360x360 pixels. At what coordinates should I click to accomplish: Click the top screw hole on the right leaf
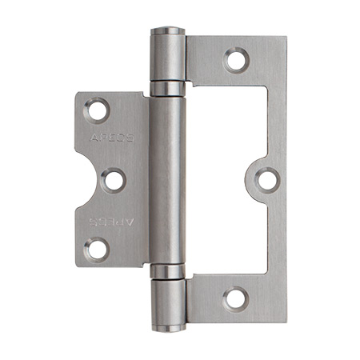tap(236, 58)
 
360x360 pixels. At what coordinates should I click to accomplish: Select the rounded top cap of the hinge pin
tap(168, 31)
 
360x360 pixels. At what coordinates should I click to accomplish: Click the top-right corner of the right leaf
tap(283, 37)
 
